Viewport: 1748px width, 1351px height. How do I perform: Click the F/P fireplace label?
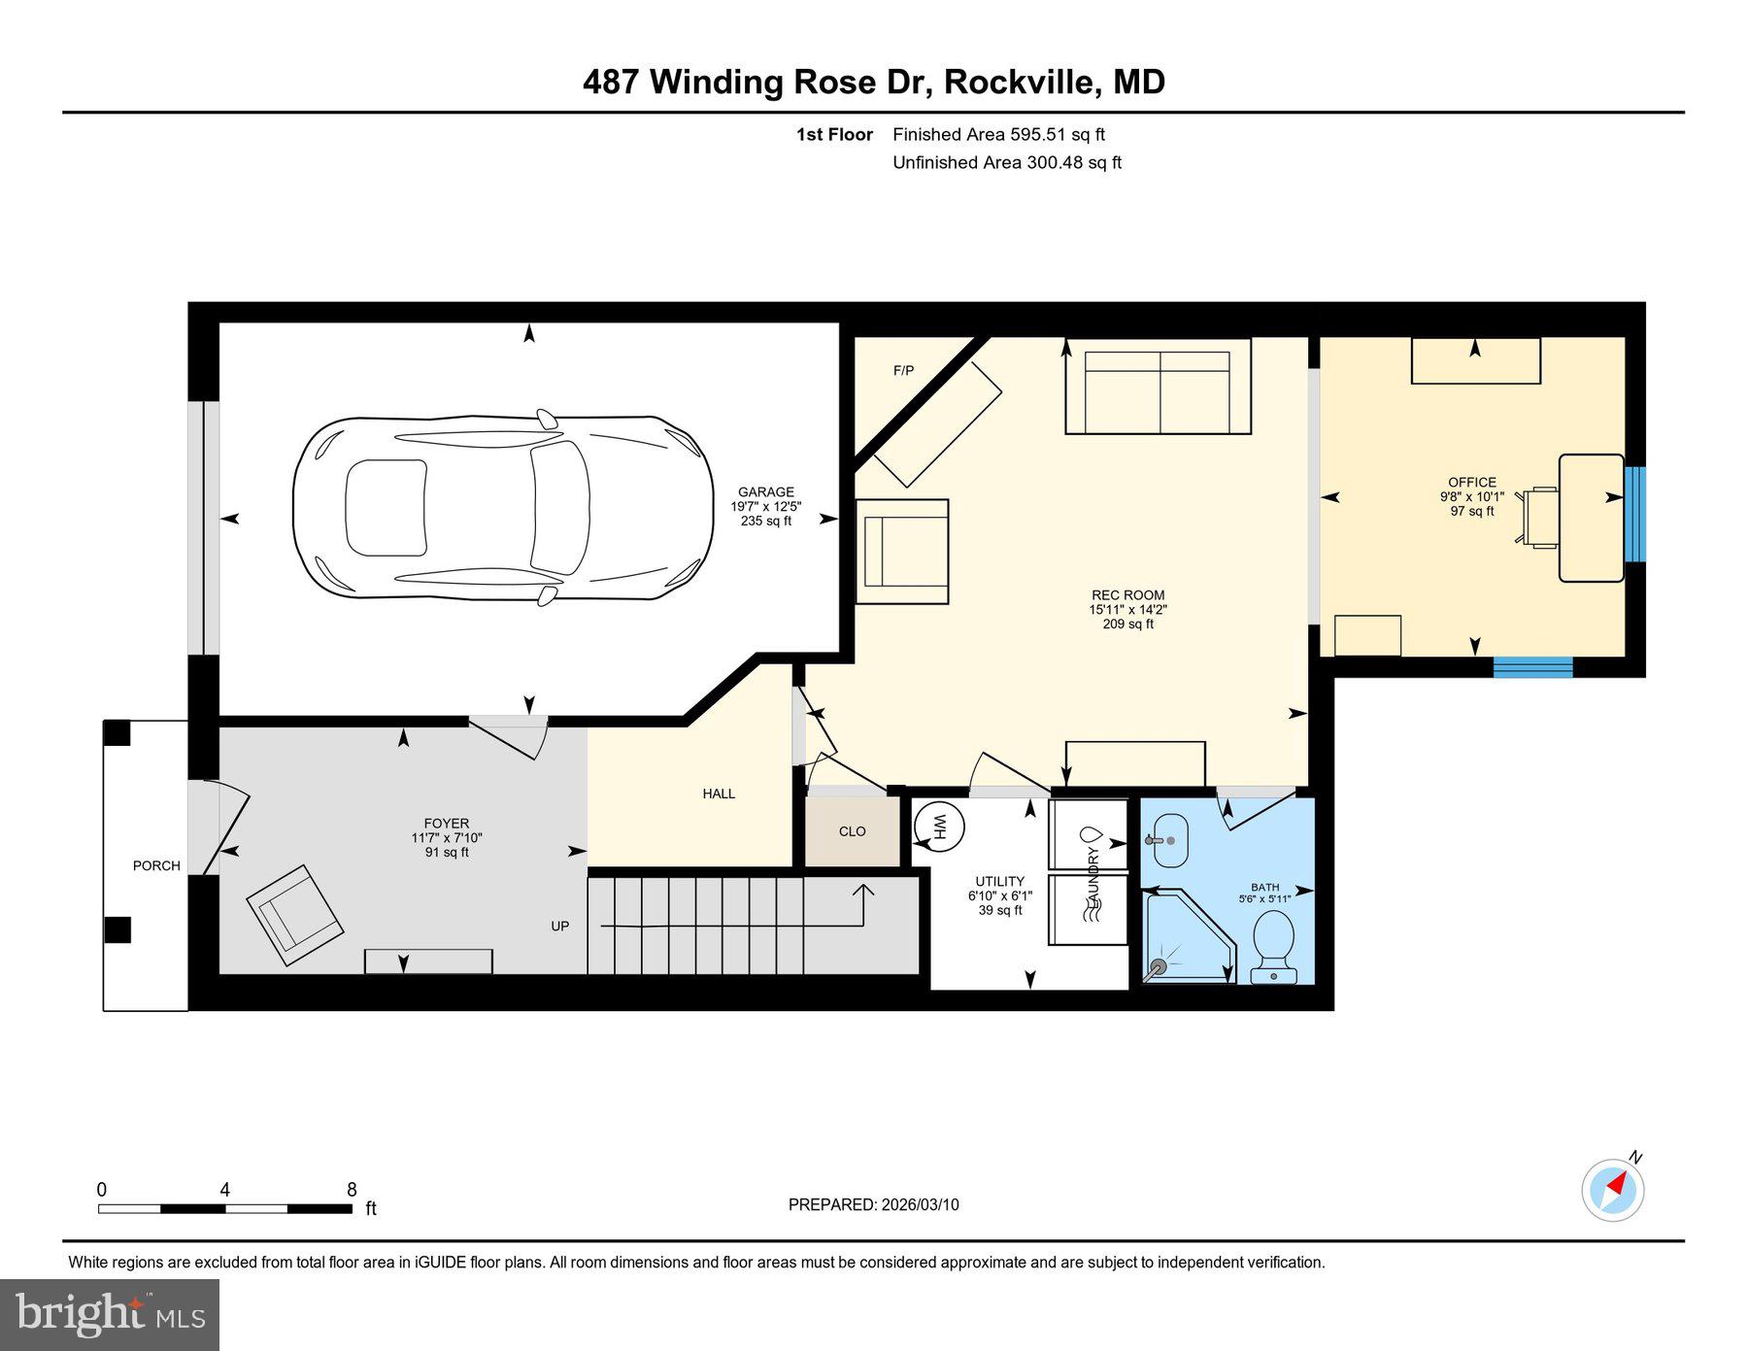903,370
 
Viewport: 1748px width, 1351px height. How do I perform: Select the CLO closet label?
852,831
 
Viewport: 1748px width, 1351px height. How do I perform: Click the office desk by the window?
1591,518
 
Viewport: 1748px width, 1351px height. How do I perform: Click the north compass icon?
1613,1189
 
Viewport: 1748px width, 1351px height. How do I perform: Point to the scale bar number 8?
352,1190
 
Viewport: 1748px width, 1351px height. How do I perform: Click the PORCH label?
156,865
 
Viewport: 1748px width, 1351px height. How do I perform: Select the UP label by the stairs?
560,926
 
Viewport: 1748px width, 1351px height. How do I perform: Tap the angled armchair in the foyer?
294,915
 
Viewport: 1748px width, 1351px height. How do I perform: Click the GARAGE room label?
765,492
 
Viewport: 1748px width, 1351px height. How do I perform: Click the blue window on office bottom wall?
1532,667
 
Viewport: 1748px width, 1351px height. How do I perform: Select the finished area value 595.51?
1039,135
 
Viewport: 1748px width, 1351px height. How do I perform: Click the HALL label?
719,794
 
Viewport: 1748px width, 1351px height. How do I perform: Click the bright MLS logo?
110,1314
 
